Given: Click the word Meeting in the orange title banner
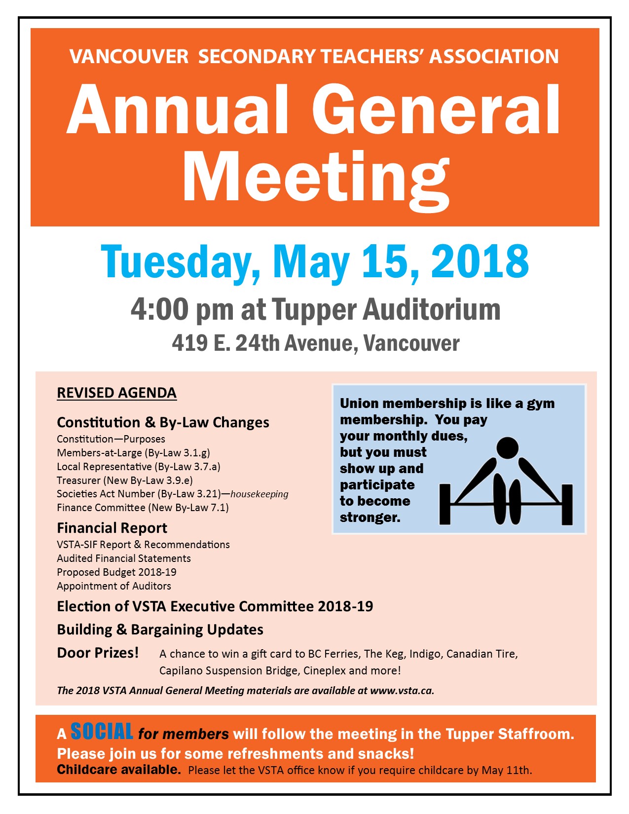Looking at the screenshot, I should coord(316,178).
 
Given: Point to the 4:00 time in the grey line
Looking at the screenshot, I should coord(159,310).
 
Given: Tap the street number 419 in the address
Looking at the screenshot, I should coord(189,343).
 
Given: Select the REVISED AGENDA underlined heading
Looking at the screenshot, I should coord(116,393).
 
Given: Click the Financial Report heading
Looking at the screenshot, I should coord(112,528).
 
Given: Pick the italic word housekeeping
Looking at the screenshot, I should coord(259,494).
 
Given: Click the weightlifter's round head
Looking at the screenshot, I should coord(507,448).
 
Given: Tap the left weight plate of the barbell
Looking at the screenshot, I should coord(445,504).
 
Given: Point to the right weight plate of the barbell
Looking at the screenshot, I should coord(567,504).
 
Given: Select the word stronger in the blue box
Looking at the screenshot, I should coord(370,518).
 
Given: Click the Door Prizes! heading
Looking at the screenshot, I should coord(98,653).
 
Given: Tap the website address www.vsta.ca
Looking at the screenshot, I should coord(402,691).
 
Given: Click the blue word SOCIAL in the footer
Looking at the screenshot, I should coord(102,732).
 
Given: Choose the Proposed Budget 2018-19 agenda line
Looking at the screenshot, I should coord(116,572).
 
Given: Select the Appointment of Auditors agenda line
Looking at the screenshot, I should coord(114,586).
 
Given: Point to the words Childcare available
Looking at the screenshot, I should coord(119,770).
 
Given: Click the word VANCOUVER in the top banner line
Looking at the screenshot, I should coord(129,57).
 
